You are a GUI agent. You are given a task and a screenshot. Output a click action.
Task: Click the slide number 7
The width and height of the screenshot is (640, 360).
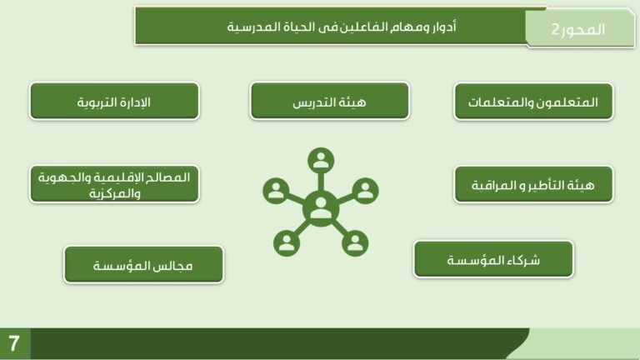click(x=14, y=342)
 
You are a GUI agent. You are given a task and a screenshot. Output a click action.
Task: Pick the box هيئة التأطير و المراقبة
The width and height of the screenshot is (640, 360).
click(x=533, y=183)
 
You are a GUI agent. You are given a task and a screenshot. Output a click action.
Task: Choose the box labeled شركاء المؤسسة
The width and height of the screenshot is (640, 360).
click(x=493, y=259)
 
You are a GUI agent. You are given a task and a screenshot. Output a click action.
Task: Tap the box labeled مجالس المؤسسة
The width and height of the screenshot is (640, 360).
click(x=143, y=265)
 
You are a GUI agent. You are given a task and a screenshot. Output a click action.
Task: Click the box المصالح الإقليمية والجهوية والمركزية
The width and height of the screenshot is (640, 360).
click(x=114, y=184)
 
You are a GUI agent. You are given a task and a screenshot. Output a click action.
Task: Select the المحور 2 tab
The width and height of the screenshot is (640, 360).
click(x=579, y=29)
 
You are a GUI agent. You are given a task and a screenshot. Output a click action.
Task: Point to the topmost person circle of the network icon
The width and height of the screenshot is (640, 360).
click(x=320, y=160)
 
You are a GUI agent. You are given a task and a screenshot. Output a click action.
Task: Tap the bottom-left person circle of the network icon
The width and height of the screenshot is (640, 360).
click(x=287, y=242)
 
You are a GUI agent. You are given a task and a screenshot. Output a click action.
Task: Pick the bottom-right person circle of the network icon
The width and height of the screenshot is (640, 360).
click(x=355, y=242)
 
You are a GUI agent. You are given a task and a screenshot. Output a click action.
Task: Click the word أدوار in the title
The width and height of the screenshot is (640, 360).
click(x=443, y=27)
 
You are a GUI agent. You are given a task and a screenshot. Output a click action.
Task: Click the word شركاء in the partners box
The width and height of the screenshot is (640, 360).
click(x=522, y=260)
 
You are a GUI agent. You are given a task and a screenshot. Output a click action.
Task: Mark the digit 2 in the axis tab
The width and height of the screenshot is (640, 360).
click(x=556, y=30)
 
